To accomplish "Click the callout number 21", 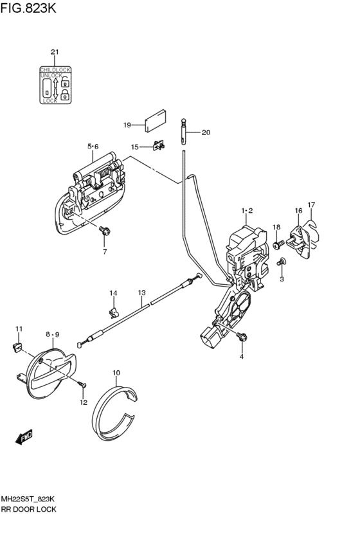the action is [x=55, y=52].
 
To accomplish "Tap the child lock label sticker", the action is [x=55, y=85].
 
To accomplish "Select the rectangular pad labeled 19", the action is [x=155, y=121].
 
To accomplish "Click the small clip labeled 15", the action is [x=159, y=145].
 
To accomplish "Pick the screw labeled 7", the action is [x=105, y=231].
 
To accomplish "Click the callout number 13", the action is [x=141, y=292].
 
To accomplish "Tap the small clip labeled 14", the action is [x=113, y=312].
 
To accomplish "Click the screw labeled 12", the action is [x=82, y=384].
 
